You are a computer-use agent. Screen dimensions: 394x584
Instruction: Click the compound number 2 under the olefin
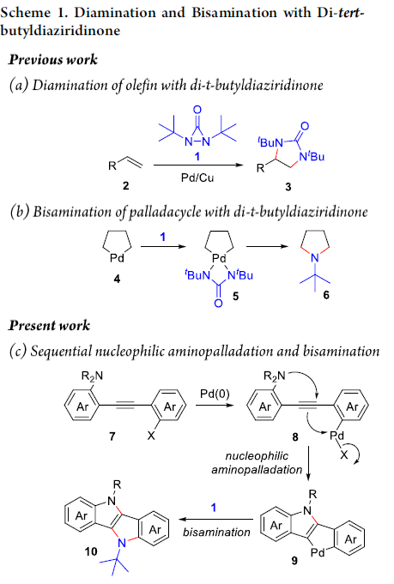coord(126,185)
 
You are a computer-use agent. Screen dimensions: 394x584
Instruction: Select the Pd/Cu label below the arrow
coord(197,178)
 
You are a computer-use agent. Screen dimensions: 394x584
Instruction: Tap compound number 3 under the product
coord(288,187)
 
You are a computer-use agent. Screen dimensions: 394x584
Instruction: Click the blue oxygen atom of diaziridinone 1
coord(197,110)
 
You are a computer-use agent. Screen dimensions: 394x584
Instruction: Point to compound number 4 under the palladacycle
coord(117,279)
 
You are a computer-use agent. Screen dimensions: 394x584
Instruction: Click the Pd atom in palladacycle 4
coord(117,258)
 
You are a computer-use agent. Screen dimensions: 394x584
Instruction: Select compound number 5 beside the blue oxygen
coord(235,297)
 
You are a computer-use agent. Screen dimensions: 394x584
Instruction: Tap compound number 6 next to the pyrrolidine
coord(326,295)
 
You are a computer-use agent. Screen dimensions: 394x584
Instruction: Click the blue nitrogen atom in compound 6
coord(315,258)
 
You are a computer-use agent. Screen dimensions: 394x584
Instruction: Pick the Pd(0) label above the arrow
coord(215,394)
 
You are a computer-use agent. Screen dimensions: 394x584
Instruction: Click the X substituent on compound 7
coord(151,435)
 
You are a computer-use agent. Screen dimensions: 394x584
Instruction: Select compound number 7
coord(112,436)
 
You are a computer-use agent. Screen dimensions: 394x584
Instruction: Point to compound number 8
coord(295,436)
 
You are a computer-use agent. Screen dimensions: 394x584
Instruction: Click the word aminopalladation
coord(257,470)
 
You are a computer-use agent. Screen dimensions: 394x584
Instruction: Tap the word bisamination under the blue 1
coord(216,533)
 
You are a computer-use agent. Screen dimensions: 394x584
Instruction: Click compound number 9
coord(294,560)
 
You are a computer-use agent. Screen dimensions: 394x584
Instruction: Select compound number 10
coord(91,551)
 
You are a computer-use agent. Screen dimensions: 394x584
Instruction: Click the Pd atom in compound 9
coord(318,553)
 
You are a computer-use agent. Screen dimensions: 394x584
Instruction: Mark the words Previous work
coord(53,59)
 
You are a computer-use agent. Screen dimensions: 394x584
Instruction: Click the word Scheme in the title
coord(26,12)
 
